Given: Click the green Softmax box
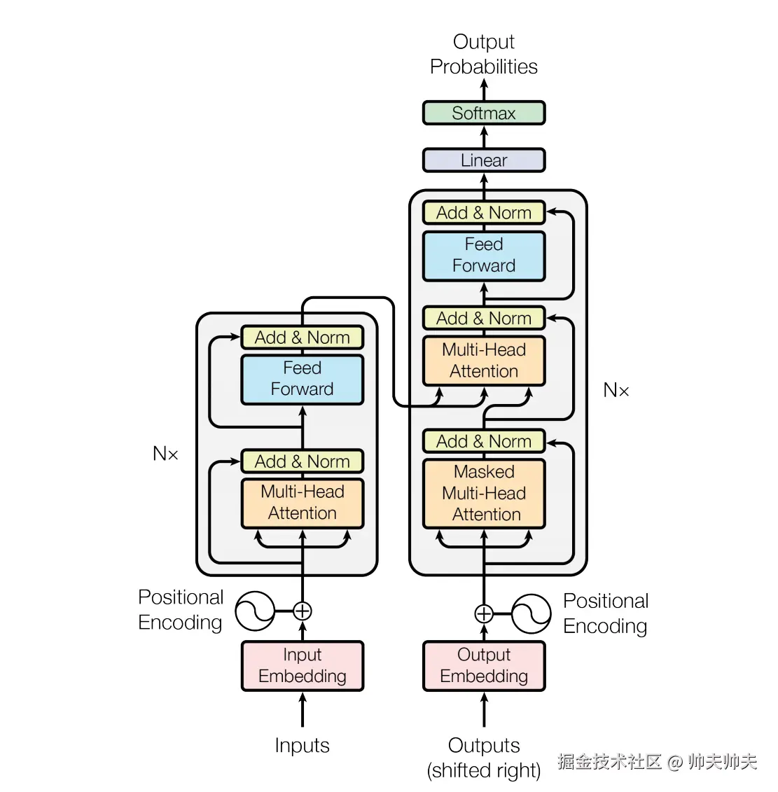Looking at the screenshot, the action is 483,113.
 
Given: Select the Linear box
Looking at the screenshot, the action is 483,160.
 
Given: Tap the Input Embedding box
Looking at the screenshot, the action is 302,666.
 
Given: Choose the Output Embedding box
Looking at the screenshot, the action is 483,666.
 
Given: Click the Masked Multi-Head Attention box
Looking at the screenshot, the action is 483,494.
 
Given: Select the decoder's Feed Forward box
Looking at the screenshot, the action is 483,256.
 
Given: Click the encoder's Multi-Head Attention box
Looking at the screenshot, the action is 302,503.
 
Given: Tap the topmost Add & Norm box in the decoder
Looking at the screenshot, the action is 483,213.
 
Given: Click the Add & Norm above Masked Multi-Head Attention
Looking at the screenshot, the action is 483,441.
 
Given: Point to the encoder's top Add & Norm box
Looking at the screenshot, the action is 302,338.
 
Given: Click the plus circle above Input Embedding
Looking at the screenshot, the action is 302,611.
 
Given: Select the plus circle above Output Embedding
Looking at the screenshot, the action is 483,613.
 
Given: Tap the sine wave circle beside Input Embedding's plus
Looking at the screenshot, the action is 255,611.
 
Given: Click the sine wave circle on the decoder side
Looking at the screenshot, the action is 531,613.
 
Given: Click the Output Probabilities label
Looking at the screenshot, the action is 483,54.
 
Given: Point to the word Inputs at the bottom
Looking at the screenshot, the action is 302,746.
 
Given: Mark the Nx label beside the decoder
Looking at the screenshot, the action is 616,390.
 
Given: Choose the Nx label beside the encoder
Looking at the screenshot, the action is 165,454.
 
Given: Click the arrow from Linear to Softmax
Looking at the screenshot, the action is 483,137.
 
